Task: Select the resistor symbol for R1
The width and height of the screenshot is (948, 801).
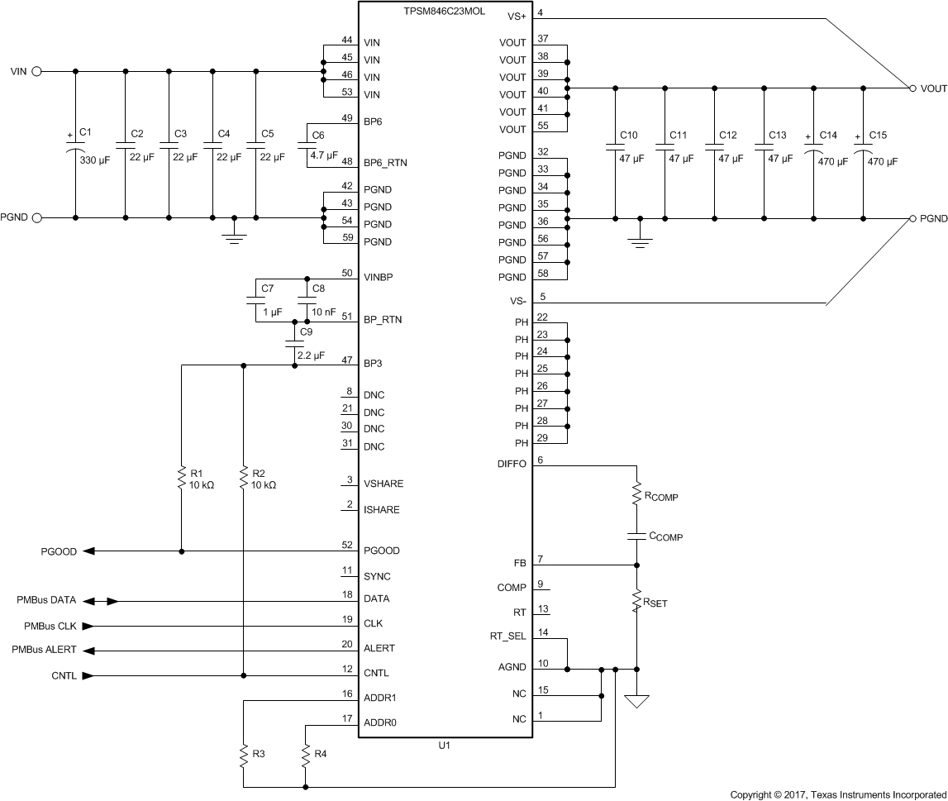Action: [181, 479]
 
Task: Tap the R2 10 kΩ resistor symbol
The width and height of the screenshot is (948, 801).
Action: [243, 479]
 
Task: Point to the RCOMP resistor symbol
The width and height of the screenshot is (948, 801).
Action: [637, 495]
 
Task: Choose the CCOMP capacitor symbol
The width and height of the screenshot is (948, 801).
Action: [637, 536]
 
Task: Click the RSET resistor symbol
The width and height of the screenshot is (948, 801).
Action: [637, 602]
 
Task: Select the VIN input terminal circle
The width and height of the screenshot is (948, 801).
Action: [37, 71]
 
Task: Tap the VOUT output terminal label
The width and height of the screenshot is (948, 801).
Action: [933, 88]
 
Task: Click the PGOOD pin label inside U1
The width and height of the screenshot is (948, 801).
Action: [381, 551]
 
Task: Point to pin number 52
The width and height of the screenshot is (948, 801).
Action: [347, 544]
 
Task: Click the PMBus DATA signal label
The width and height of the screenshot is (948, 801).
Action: [46, 602]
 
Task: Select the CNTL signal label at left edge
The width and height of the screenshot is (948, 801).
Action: [64, 676]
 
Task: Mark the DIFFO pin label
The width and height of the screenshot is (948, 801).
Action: [512, 465]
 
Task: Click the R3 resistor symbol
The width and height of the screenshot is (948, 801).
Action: [243, 755]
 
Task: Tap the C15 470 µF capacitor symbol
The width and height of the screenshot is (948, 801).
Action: [864, 152]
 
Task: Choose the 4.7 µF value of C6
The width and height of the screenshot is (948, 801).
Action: [324, 155]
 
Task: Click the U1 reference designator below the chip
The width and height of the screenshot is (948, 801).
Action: [445, 746]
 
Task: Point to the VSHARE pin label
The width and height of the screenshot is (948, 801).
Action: [383, 484]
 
